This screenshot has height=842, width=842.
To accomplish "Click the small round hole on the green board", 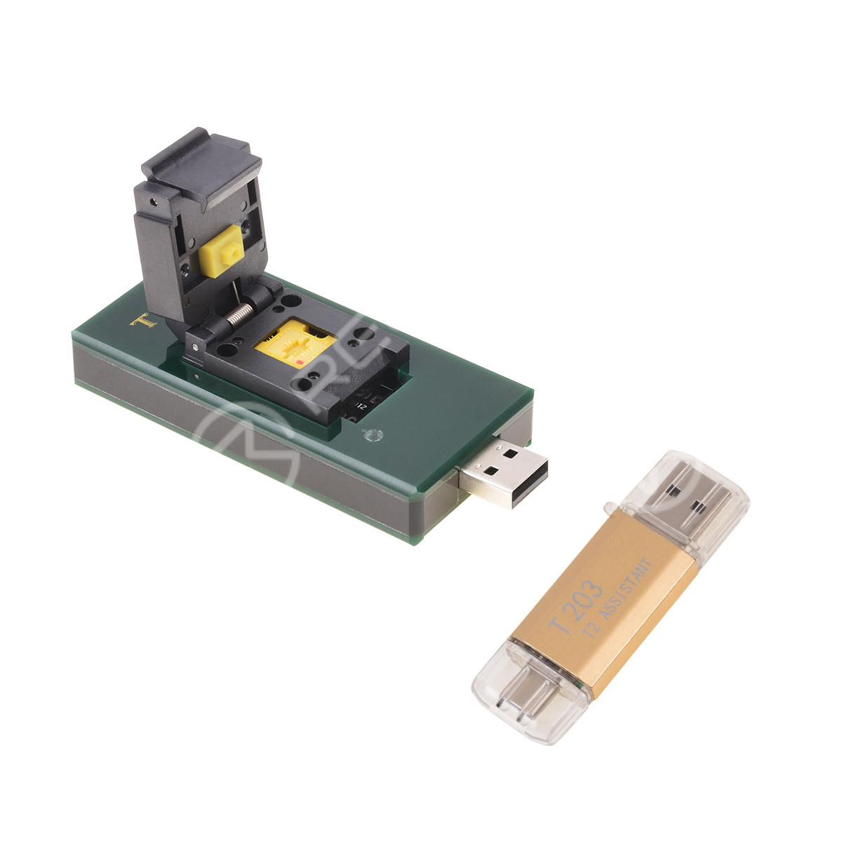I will click(x=373, y=436).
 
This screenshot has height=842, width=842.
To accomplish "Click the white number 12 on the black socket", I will click(x=362, y=406).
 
